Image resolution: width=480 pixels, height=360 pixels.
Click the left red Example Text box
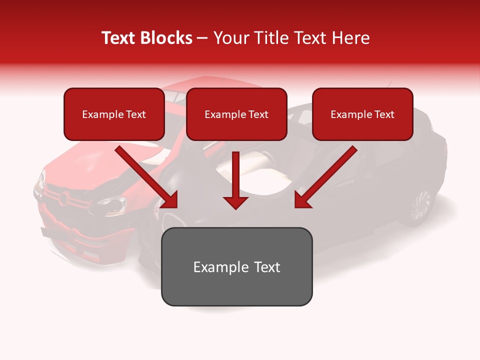click(x=114, y=114)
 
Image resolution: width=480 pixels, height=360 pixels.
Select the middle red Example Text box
click(x=236, y=114)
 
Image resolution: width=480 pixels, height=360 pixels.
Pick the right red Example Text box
click(x=362, y=114)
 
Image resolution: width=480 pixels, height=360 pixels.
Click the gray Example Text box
click(x=236, y=266)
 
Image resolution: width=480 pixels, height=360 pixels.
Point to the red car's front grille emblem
click(x=63, y=198)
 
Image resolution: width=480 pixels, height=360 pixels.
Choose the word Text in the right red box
click(x=384, y=114)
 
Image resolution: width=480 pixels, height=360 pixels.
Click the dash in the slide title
click(x=202, y=38)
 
